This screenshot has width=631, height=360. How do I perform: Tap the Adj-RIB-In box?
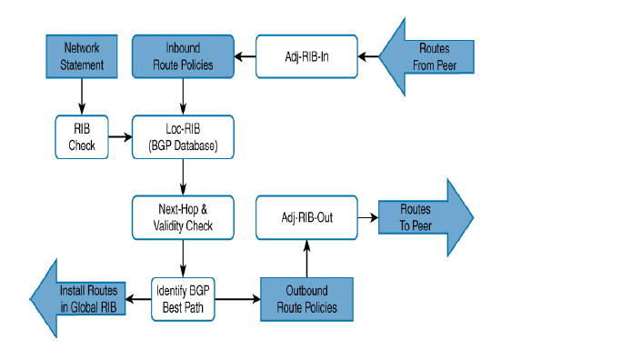[x=305, y=56]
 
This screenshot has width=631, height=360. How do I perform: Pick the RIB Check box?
[x=83, y=134]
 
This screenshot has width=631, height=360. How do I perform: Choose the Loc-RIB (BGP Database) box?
[x=184, y=135]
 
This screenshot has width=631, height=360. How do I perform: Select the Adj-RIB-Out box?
[x=305, y=217]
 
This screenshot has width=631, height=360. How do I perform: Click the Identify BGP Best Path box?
[x=185, y=297]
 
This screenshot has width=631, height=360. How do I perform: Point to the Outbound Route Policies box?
[x=305, y=299]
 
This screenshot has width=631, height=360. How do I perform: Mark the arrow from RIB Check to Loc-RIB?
[x=120, y=141]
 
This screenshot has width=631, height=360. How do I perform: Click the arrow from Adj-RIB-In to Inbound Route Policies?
[x=245, y=57]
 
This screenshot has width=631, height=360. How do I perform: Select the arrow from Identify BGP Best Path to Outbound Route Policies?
[x=239, y=297]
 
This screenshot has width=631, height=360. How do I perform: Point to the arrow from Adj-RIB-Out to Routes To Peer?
[x=366, y=217]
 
